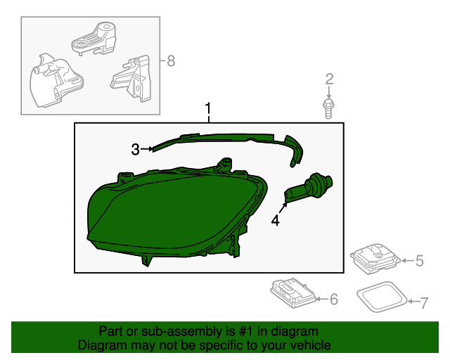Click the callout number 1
[x=208, y=109]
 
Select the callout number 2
[x=328, y=79]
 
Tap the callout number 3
[x=135, y=148]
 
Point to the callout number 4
[x=276, y=221]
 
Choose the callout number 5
[x=419, y=262]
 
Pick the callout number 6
[x=333, y=300]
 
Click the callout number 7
[x=423, y=303]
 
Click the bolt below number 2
[x=328, y=108]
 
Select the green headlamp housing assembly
[x=169, y=211]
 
